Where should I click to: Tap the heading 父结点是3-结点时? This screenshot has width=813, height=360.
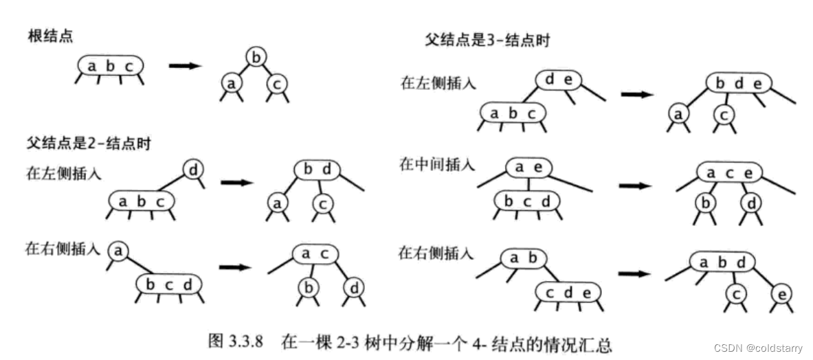tap(487, 41)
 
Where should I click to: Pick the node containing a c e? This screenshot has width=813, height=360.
tap(729, 173)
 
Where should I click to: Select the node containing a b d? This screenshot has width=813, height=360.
tap(722, 263)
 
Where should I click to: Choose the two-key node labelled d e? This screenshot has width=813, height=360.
tap(559, 80)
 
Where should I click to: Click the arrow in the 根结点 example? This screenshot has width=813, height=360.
tap(185, 66)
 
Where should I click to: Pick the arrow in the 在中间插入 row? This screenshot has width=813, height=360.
tap(634, 185)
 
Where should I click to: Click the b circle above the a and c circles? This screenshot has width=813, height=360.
tap(256, 58)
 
